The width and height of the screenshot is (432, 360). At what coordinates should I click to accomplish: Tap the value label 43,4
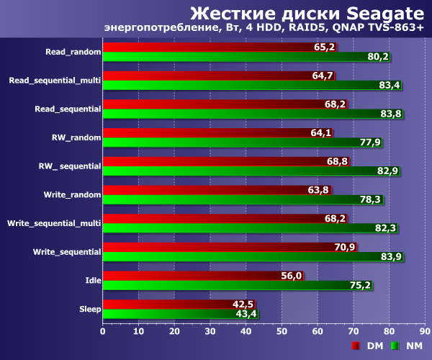pos(245,313)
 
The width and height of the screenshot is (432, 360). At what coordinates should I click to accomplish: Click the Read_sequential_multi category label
pos(55,81)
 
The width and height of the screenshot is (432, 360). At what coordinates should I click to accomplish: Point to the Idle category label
pos(93,279)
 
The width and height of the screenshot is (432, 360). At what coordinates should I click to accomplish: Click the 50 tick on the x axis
pos(282,331)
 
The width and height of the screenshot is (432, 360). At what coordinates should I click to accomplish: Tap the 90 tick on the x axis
pos(424,331)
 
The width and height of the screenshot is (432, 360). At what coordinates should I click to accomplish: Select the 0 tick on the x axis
pos(103,331)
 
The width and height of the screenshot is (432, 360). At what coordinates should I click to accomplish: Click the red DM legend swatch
pos(355,346)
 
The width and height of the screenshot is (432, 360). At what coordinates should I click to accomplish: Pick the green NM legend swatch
pos(394,346)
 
